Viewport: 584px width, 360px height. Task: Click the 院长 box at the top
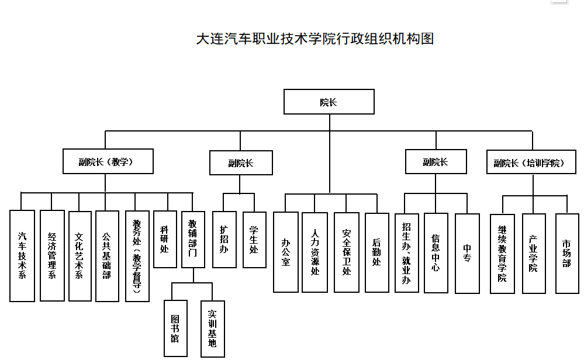(x=329, y=102)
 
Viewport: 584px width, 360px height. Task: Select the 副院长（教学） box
(x=108, y=161)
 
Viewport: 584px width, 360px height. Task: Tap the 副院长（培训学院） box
(x=533, y=162)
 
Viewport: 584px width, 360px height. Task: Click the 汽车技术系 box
(x=22, y=255)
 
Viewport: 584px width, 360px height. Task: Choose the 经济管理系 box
(x=52, y=255)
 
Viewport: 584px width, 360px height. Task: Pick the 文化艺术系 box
(x=80, y=255)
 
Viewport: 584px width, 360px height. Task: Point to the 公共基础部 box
(x=107, y=255)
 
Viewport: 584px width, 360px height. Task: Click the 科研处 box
(x=164, y=239)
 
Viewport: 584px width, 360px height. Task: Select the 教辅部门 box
(x=193, y=239)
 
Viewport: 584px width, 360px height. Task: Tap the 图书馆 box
(x=175, y=328)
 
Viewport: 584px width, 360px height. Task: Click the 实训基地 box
(x=212, y=328)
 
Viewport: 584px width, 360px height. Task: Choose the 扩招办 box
(x=224, y=239)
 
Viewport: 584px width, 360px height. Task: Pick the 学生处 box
(x=254, y=239)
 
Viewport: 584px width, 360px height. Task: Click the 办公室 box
(x=286, y=252)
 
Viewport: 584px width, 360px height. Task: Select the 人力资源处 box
(x=315, y=252)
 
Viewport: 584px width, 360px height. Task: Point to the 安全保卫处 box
(x=347, y=252)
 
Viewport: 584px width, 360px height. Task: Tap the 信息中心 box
(x=436, y=252)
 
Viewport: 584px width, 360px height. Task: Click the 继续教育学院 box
(x=502, y=253)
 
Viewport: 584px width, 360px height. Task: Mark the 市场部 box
(x=566, y=253)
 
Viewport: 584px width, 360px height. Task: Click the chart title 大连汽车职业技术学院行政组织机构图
(x=315, y=39)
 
